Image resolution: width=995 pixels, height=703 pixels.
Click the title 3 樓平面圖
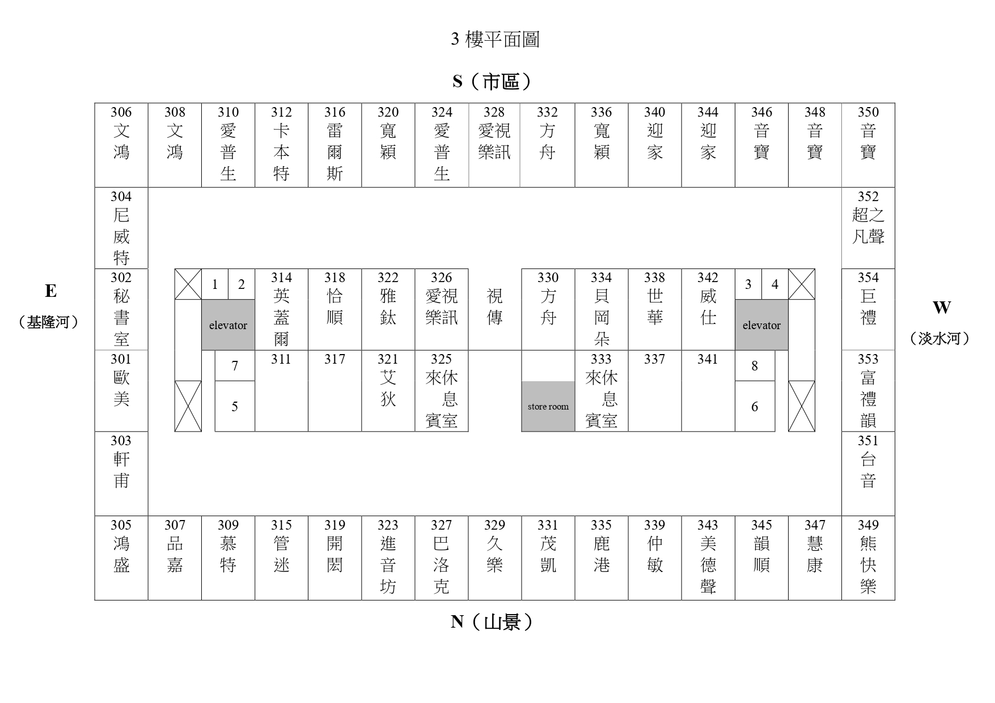(495, 39)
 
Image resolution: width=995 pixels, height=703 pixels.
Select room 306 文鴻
(121, 145)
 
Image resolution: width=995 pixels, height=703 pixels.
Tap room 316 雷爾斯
(335, 145)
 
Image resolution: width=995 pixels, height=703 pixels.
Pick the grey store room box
(548, 406)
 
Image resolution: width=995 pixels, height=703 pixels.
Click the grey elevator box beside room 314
(228, 325)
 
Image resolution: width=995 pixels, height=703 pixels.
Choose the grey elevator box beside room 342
(761, 325)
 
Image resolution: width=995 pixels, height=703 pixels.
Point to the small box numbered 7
(235, 365)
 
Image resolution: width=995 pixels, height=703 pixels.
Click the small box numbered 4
(775, 284)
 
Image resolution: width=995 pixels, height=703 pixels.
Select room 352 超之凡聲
(868, 228)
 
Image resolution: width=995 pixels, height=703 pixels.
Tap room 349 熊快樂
(868, 558)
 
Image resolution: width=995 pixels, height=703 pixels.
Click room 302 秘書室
(121, 309)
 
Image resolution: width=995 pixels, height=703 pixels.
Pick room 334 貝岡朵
(602, 309)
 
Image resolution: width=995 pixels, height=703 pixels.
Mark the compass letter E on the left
(50, 291)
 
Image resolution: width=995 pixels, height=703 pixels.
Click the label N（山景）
(492, 622)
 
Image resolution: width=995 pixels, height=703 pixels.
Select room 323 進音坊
(388, 558)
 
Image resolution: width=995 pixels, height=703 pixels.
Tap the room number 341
(708, 359)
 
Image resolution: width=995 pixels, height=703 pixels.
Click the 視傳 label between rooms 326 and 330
(495, 306)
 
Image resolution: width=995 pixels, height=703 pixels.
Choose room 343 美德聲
(708, 558)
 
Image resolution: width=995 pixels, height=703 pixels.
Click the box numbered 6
(755, 406)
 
